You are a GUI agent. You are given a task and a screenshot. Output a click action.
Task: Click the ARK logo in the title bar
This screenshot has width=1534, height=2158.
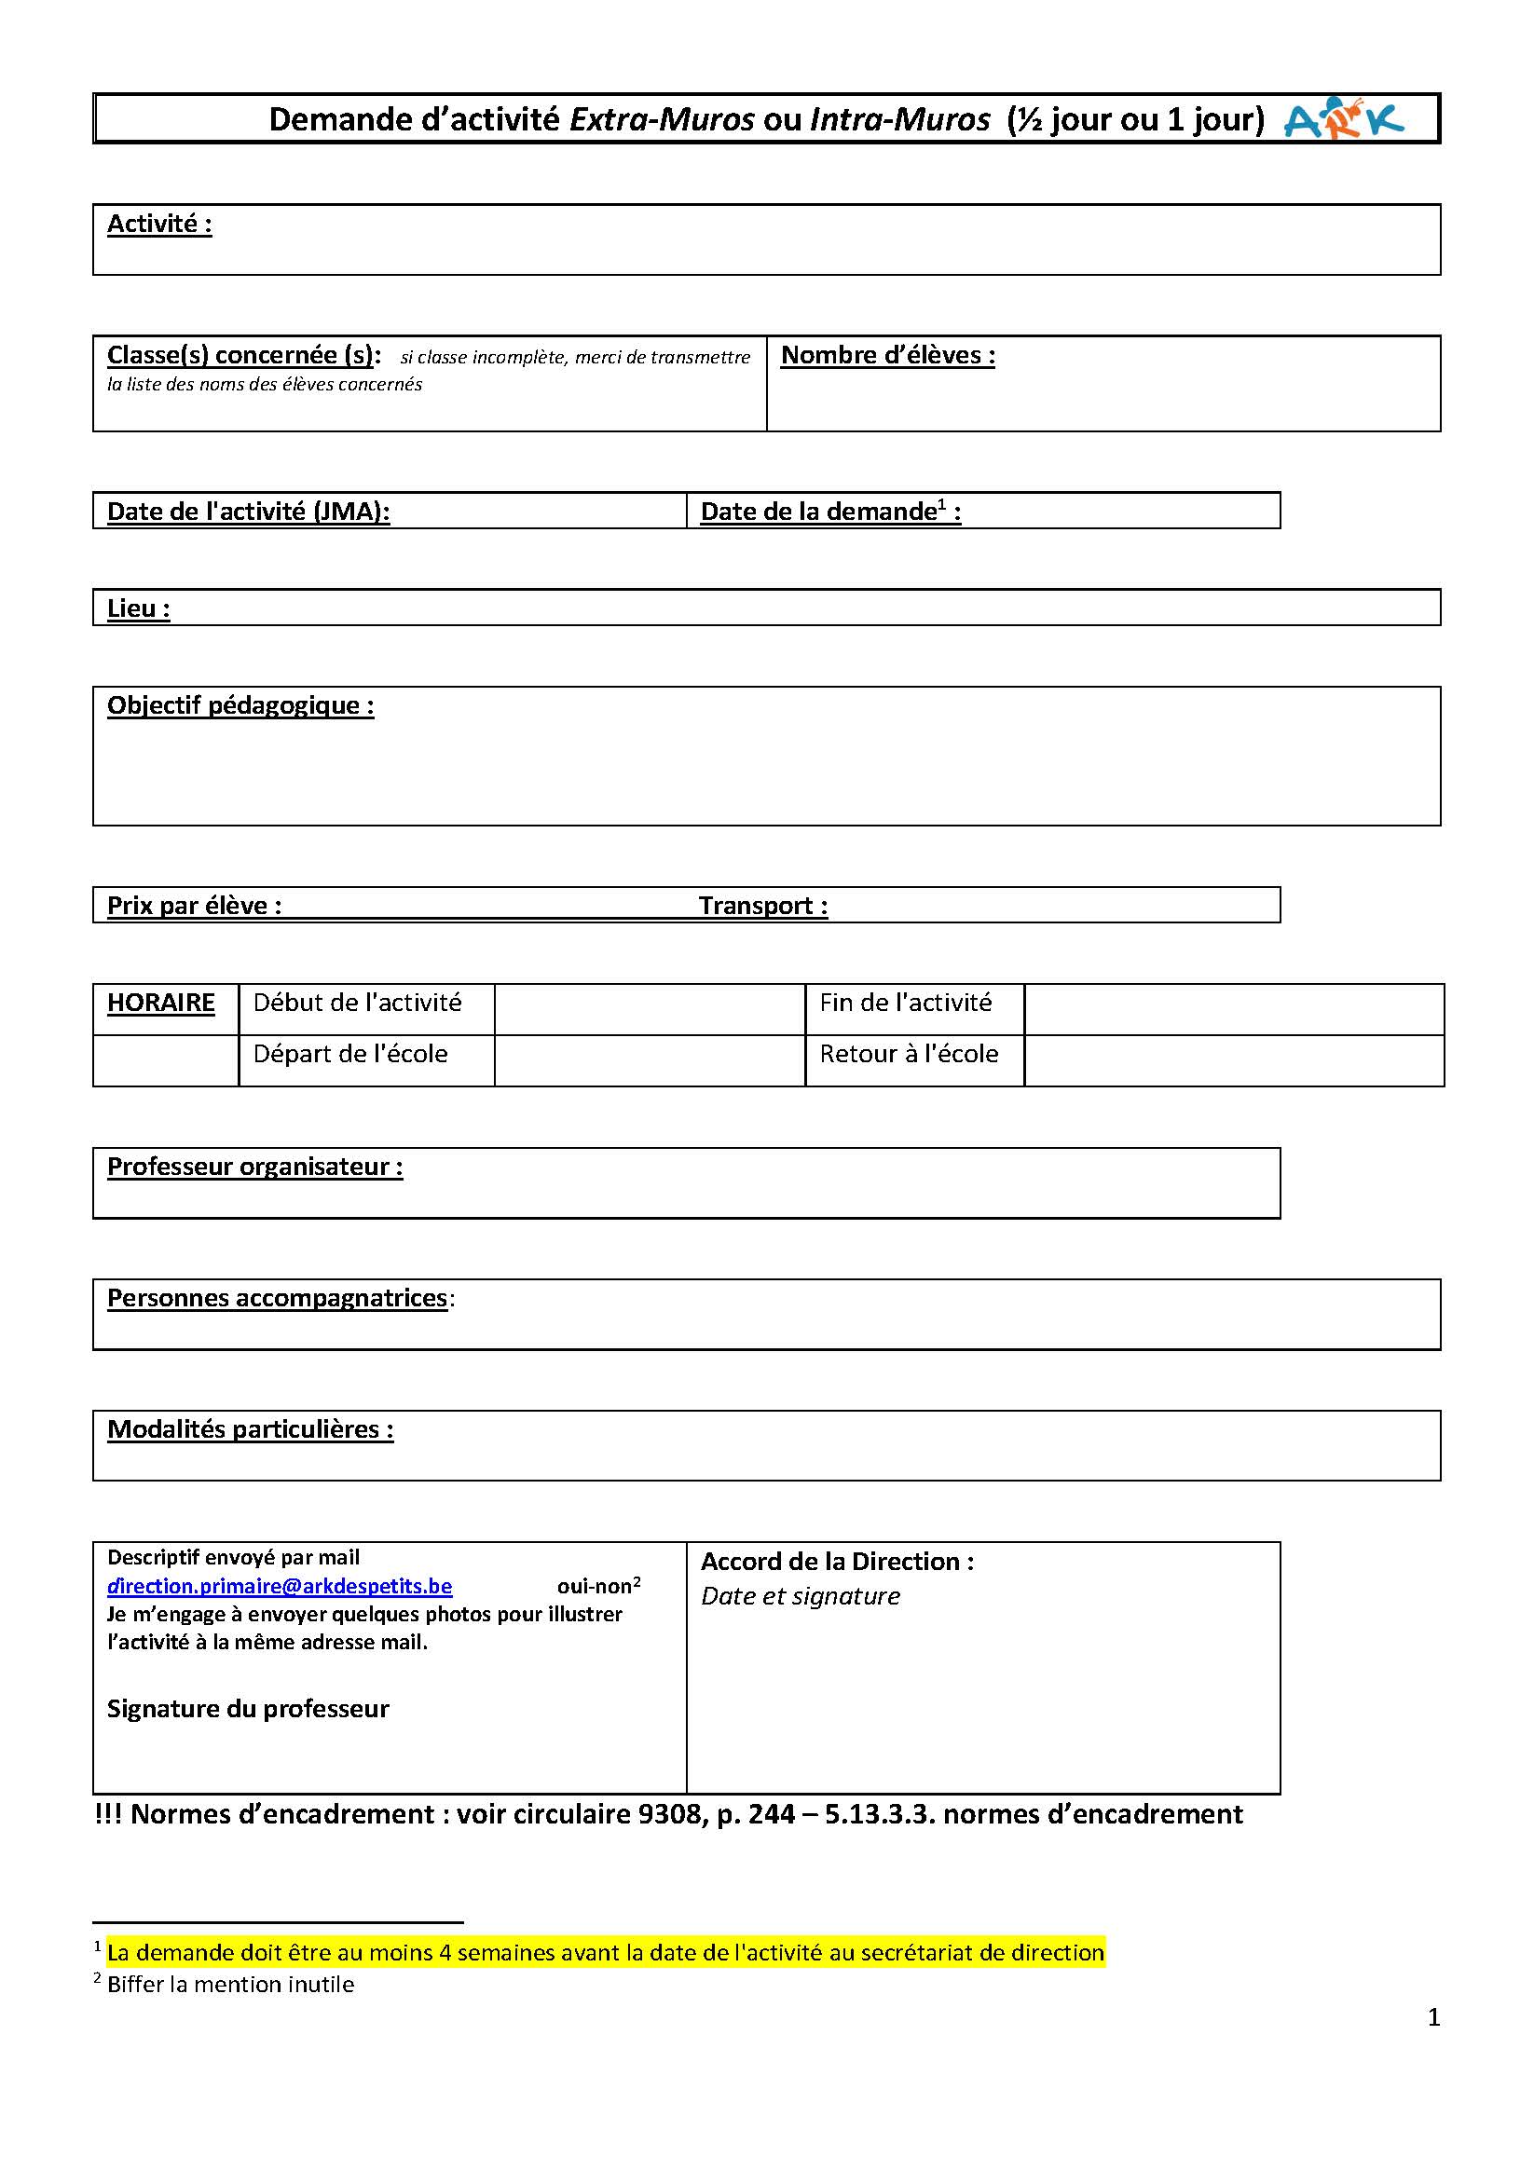[1343, 119]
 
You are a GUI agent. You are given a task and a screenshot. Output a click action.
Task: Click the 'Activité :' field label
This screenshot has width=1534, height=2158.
[158, 225]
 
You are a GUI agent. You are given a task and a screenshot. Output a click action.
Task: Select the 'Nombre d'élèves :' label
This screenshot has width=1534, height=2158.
[887, 355]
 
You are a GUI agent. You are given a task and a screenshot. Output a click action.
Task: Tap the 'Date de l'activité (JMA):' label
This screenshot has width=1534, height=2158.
[248, 512]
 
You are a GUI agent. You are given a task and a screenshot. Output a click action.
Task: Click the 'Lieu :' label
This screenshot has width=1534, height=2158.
[138, 608]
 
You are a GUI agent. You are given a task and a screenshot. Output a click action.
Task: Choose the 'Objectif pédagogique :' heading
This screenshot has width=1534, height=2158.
[240, 705]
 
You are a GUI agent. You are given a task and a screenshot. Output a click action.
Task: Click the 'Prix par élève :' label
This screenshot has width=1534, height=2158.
[194, 906]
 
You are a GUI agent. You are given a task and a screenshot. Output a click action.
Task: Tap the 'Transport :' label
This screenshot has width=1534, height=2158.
[763, 906]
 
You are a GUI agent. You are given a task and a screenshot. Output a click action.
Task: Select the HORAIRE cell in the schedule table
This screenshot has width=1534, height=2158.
[160, 1003]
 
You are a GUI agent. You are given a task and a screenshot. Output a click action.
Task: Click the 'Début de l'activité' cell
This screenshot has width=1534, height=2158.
[357, 1003]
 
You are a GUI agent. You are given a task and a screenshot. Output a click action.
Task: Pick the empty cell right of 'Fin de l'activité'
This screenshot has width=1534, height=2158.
[1233, 1008]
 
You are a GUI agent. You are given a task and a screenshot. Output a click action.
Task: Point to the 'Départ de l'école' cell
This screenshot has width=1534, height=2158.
[350, 1054]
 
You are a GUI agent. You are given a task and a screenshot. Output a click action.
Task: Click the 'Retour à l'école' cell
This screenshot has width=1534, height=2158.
[909, 1054]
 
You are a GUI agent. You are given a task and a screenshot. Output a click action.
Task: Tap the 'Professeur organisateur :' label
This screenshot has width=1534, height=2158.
[254, 1167]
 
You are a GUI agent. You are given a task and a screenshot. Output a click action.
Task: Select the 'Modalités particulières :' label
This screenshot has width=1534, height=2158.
[250, 1429]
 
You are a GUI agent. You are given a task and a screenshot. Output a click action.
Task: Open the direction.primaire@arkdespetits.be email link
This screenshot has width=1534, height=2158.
[280, 1587]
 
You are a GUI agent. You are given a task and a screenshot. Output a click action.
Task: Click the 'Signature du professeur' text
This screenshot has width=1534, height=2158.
[248, 1709]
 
